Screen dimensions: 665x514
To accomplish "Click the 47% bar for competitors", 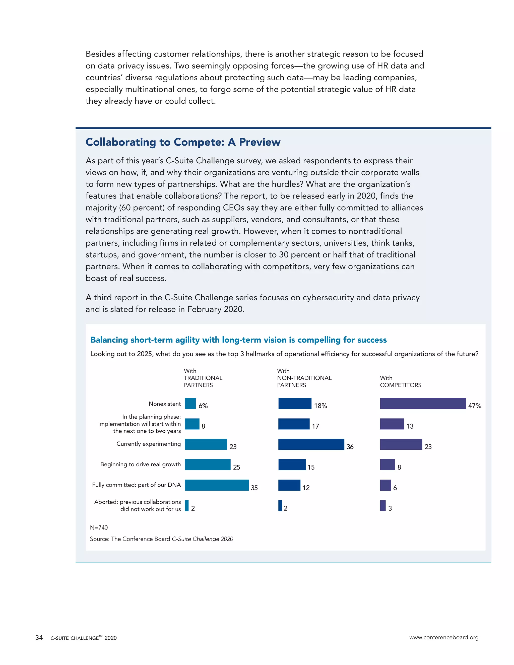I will pyautogui.click(x=423, y=404).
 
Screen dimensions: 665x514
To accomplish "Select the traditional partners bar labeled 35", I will pyautogui.click(x=217, y=485).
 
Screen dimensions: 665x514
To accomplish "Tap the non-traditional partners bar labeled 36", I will pyautogui.click(x=311, y=444).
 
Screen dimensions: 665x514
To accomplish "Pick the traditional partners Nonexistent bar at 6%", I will pyautogui.click(x=190, y=404).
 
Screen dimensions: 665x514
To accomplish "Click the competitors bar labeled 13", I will pyautogui.click(x=392, y=424).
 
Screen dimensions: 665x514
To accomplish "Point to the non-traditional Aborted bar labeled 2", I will pyautogui.click(x=280, y=505).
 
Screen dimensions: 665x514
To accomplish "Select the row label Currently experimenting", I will pyautogui.click(x=149, y=444).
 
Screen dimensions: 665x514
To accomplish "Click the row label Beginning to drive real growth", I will pyautogui.click(x=140, y=464).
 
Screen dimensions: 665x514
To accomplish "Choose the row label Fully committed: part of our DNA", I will pyautogui.click(x=137, y=485).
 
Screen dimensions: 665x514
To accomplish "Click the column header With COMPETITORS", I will pyautogui.click(x=400, y=381).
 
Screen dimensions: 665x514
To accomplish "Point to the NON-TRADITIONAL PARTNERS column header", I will pyautogui.click(x=304, y=378).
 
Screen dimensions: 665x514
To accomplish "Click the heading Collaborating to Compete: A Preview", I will pyautogui.click(x=183, y=142).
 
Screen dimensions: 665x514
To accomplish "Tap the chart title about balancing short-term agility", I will pyautogui.click(x=238, y=340).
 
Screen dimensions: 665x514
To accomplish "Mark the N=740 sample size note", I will pyautogui.click(x=99, y=527).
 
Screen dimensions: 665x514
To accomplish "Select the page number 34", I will pyautogui.click(x=39, y=637).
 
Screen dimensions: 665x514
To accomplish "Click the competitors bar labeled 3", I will pyautogui.click(x=383, y=505).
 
